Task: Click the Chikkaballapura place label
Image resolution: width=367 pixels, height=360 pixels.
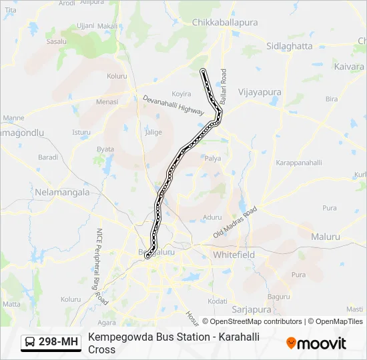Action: [x=224, y=22]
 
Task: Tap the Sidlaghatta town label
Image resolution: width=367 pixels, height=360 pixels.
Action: [x=289, y=46]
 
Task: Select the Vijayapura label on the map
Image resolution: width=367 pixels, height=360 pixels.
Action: [x=260, y=92]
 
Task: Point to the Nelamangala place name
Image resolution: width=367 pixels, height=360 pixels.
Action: [x=61, y=192]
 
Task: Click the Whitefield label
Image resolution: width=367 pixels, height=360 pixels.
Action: [x=234, y=255]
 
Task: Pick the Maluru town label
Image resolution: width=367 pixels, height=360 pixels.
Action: [x=326, y=237]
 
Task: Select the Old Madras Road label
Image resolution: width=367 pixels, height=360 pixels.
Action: [x=235, y=223]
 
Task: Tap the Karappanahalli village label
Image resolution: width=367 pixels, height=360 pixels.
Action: [x=299, y=163]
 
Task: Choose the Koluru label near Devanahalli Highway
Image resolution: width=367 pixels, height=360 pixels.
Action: [x=117, y=76]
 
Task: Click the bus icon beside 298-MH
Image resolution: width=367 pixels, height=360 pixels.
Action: [x=30, y=342]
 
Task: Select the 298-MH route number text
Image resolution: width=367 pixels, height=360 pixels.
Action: [x=59, y=342]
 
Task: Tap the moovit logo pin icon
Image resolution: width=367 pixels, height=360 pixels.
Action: [x=291, y=343]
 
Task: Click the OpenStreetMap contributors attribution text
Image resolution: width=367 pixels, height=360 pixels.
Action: [x=256, y=321]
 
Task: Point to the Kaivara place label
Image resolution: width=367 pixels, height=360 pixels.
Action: [x=349, y=67]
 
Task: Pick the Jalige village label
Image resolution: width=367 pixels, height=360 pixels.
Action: [x=153, y=132]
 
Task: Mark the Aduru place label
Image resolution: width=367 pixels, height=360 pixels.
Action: [x=212, y=217]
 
